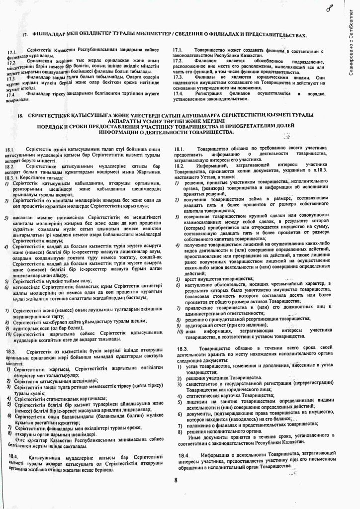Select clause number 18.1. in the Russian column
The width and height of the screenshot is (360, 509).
click(x=180, y=149)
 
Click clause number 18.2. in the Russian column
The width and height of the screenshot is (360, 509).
click(x=180, y=165)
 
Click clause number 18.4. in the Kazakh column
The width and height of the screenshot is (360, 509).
click(x=14, y=456)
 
